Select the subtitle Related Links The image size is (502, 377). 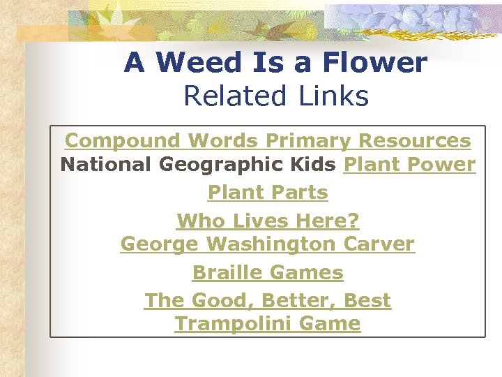click(275, 96)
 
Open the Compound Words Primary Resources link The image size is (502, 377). click(268, 140)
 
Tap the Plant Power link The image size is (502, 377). click(410, 165)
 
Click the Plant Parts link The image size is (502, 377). click(268, 192)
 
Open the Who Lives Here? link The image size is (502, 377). click(268, 221)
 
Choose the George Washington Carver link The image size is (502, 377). click(268, 244)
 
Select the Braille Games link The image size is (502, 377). click(268, 272)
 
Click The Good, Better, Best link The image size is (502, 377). click(268, 300)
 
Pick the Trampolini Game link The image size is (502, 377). click(268, 324)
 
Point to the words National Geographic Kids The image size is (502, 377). click(199, 165)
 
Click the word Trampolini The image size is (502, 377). click(233, 324)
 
